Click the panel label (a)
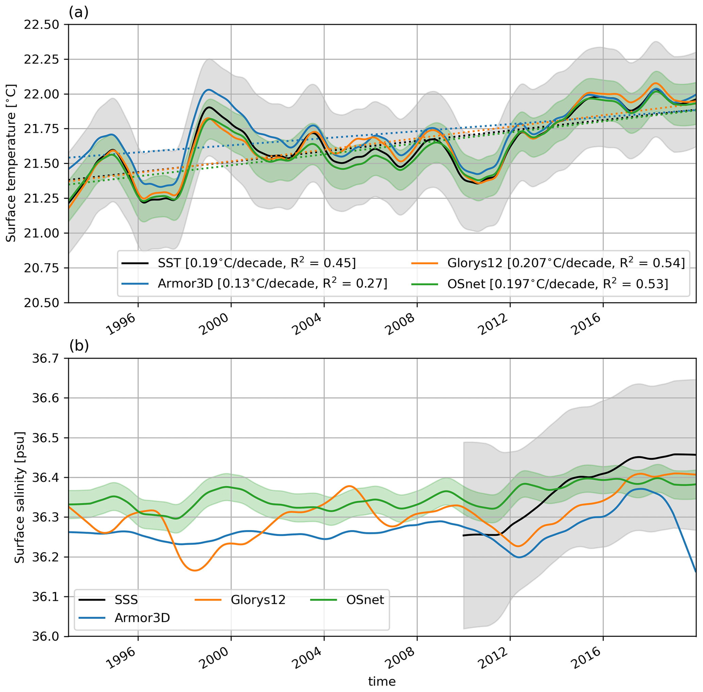click(x=79, y=13)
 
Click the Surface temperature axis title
click(x=11, y=163)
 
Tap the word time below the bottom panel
click(x=382, y=681)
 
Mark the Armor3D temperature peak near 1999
click(x=208, y=89)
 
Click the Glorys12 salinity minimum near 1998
click(x=195, y=570)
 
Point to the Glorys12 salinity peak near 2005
click(x=349, y=486)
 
